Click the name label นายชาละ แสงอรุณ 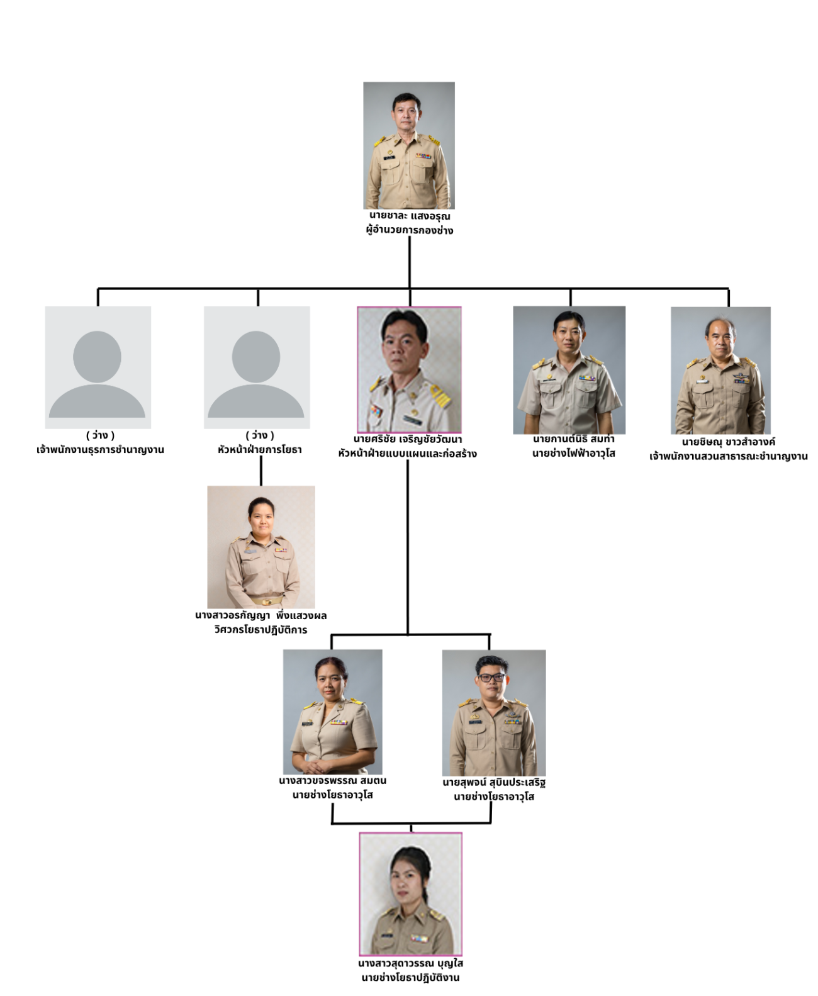click(410, 216)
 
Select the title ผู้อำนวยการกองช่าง click(410, 230)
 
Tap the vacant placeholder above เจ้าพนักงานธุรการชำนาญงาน click(98, 367)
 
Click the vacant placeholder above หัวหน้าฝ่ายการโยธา click(257, 367)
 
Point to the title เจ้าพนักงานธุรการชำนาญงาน click(100, 450)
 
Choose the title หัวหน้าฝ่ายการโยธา click(260, 450)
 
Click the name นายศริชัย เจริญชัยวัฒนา click(408, 439)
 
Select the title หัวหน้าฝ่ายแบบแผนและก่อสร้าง click(407, 454)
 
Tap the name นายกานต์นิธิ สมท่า click(573, 439)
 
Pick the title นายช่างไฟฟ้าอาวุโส click(573, 454)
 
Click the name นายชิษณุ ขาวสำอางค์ click(728, 442)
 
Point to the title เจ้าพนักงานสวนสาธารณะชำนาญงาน click(728, 456)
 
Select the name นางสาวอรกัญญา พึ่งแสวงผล click(261, 615)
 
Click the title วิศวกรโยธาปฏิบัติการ click(261, 630)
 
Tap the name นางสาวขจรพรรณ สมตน click(332, 781)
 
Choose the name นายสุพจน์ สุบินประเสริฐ click(494, 783)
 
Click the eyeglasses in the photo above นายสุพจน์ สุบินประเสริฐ click(491, 678)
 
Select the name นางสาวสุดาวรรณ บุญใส click(410, 963)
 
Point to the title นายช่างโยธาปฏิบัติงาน click(410, 978)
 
